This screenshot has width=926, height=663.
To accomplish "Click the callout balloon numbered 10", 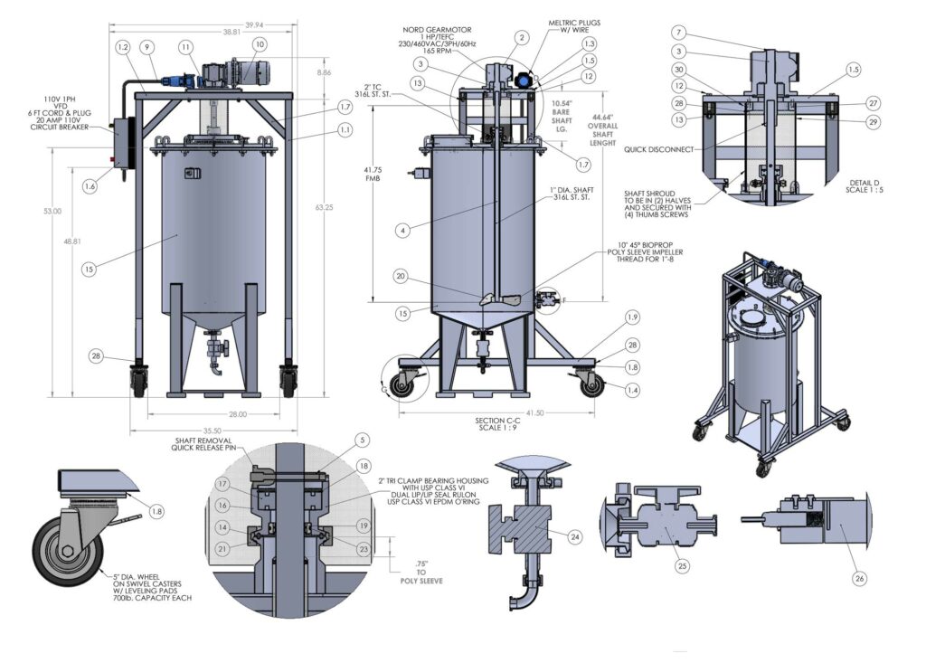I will tap(260, 43).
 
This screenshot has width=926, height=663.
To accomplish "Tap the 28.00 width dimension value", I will tap(213, 414).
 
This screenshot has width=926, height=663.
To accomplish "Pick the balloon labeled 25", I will tap(683, 566).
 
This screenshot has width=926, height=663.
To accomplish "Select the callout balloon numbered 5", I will tap(362, 440).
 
